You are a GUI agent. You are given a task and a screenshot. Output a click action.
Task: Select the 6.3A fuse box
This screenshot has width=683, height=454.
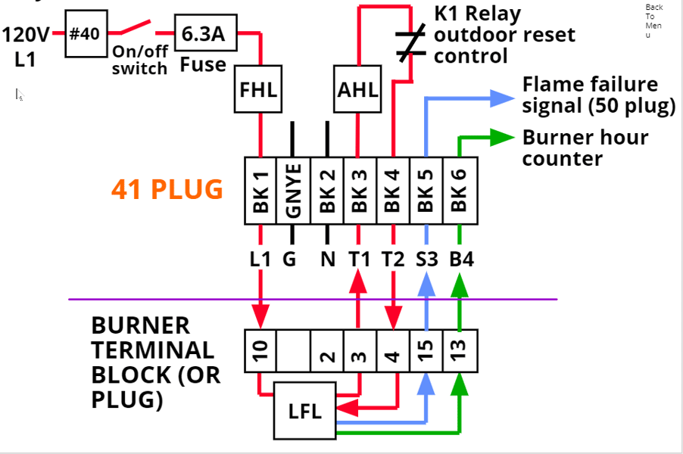[206, 33]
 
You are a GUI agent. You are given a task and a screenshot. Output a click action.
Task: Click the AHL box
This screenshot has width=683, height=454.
[357, 89]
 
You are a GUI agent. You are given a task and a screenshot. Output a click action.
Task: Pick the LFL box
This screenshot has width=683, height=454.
[304, 412]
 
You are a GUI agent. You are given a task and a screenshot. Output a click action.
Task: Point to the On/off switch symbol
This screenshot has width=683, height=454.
[137, 30]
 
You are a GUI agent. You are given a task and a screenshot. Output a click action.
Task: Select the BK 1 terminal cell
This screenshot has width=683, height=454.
[260, 191]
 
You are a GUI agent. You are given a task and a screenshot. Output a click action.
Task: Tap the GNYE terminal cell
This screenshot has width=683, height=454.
[293, 191]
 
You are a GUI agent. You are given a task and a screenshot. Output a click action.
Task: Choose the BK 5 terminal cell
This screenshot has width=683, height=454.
[426, 191]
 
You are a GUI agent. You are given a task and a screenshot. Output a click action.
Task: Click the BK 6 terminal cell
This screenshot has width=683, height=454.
[460, 191]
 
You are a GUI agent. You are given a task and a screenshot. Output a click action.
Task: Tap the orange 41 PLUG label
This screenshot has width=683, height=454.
[167, 189]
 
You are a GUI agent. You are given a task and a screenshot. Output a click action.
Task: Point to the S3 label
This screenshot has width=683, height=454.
[427, 260]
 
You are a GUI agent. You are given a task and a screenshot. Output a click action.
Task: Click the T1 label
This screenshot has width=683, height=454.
[360, 260]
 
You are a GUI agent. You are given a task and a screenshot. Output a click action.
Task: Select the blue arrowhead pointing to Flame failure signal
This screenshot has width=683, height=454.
[502, 98]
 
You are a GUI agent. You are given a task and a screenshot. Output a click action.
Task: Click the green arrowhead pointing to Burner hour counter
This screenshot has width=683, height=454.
[502, 138]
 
